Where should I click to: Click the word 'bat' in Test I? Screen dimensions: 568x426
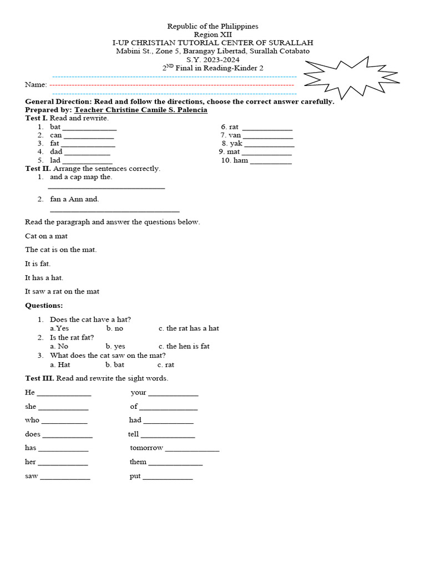pyautogui.click(x=55, y=127)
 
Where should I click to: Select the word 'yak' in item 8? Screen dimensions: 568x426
pyautogui.click(x=237, y=143)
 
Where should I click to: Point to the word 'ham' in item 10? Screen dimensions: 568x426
pyautogui.click(x=241, y=160)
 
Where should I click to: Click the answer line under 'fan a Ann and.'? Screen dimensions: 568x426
pyautogui.click(x=115, y=211)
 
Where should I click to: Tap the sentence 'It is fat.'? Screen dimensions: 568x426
pyautogui.click(x=38, y=263)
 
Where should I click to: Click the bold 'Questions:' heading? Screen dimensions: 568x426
pyautogui.click(x=44, y=306)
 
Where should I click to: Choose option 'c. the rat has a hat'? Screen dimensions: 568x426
pyautogui.click(x=189, y=328)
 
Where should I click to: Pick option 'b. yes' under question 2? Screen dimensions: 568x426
pyautogui.click(x=116, y=346)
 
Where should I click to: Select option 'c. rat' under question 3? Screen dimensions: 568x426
pyautogui.click(x=166, y=364)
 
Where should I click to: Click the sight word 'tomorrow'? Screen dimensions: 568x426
pyautogui.click(x=146, y=448)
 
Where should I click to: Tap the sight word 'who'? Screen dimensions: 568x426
pyautogui.click(x=32, y=420)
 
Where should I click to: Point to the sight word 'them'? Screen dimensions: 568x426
pyautogui.click(x=138, y=461)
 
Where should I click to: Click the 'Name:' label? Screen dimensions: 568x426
pyautogui.click(x=36, y=84)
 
